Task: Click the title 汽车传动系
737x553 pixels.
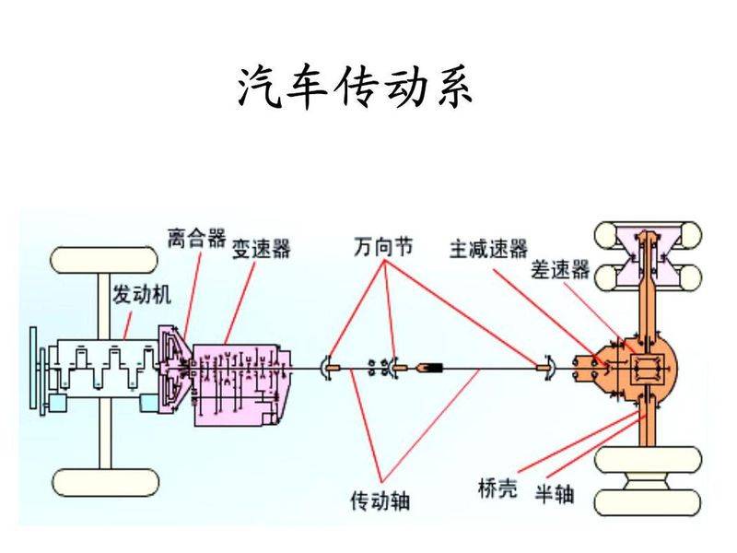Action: click(355, 88)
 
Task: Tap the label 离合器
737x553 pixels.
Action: click(196, 239)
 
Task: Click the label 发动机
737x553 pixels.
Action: click(141, 295)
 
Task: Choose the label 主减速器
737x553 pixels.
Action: click(488, 249)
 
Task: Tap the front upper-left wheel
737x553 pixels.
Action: click(104, 260)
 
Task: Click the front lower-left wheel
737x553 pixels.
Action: click(104, 481)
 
